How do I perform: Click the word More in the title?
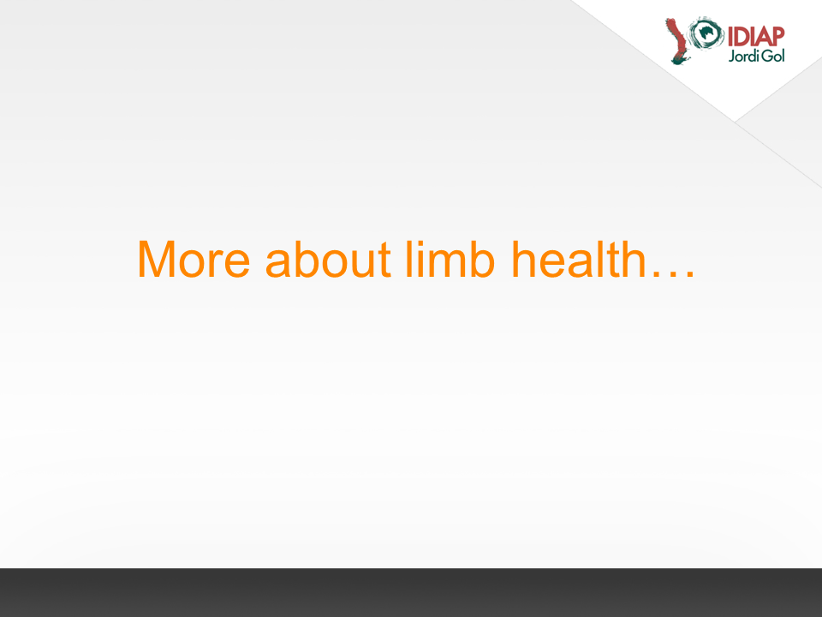[194, 259]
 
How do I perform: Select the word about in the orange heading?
[328, 258]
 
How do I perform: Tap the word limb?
[450, 258]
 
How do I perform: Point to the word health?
[578, 258]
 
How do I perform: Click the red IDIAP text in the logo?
[756, 37]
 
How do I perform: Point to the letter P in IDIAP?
[777, 37]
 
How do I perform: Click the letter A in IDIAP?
[762, 37]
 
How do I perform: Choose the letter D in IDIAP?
[741, 37]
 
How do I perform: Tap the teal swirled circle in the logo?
[706, 33]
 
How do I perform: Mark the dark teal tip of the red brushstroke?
[679, 61]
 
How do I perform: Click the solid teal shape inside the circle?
[707, 33]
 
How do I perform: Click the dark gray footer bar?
[411, 592]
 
